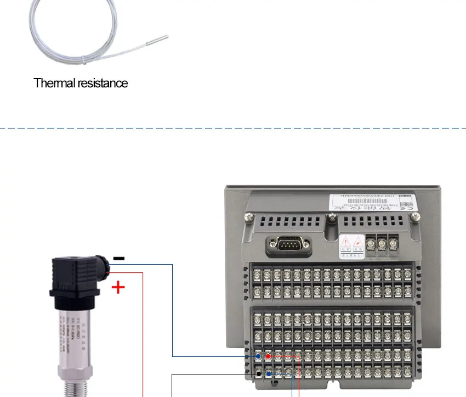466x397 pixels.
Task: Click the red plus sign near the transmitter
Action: pos(118,287)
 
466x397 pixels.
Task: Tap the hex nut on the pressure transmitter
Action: pos(73,373)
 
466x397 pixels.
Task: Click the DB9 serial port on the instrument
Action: pos(288,244)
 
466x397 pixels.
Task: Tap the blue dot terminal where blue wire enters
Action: pos(258,356)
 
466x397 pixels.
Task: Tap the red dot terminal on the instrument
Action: pos(268,356)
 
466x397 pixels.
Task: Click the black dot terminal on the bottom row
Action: pos(258,373)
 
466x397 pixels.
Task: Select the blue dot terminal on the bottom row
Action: pos(268,373)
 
